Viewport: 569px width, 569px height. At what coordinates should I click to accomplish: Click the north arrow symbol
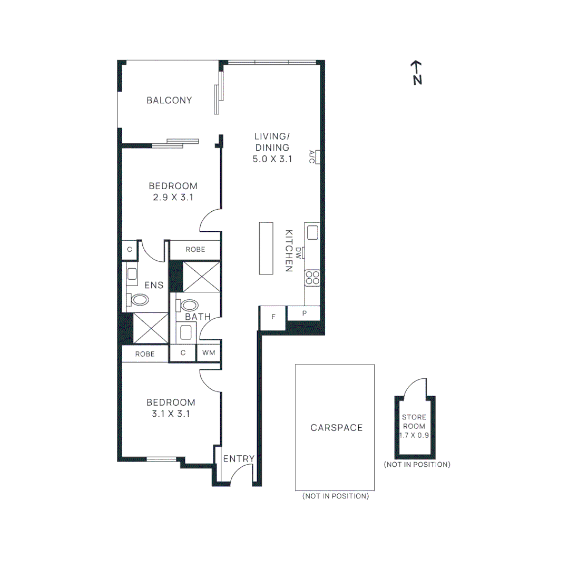[417, 73]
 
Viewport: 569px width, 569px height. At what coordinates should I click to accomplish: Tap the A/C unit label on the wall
[312, 156]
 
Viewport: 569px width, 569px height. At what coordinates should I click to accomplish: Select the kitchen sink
[312, 232]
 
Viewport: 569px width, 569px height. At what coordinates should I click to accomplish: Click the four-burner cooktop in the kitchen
[312, 277]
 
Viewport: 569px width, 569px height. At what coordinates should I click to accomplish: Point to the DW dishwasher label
[299, 253]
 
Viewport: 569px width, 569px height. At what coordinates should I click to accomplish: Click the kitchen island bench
[266, 248]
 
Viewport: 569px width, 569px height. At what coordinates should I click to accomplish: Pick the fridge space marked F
[273, 317]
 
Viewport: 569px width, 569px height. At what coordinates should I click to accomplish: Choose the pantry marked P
[303, 313]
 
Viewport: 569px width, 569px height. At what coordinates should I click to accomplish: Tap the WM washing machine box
[209, 353]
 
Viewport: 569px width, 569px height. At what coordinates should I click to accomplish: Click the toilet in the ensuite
[140, 300]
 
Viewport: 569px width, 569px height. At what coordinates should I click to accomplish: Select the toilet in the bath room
[189, 305]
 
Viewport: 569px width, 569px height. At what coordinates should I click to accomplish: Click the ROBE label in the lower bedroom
[145, 354]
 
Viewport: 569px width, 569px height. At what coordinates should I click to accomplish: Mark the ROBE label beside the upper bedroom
[195, 250]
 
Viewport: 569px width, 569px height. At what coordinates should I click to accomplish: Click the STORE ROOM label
[414, 421]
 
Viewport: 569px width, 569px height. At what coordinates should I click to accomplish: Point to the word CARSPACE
[336, 428]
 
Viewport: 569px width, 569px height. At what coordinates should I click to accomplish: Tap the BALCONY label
[169, 100]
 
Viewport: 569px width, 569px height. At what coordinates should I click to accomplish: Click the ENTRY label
[239, 459]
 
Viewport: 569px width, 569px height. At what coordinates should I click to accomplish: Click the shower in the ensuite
[151, 329]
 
